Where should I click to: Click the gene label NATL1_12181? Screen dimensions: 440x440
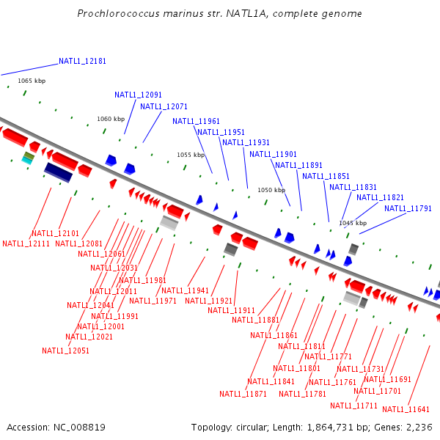[83, 62]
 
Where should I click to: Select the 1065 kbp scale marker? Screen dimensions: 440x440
[32, 81]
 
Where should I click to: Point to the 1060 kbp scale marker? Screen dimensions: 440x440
[111, 119]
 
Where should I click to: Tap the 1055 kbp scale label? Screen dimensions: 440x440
[191, 155]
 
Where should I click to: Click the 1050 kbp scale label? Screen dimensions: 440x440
[271, 190]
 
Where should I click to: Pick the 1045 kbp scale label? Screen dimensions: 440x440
[352, 223]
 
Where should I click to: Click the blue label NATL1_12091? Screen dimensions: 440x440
[138, 95]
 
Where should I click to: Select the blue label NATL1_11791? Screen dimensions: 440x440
[408, 208]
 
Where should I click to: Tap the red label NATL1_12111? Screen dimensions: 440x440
[26, 243]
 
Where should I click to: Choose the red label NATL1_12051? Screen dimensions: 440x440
[65, 351]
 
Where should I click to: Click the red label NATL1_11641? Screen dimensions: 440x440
[406, 409]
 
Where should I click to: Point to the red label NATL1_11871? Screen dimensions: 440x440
[243, 394]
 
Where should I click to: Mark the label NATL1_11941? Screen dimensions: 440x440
[185, 290]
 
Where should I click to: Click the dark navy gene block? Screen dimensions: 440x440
[58, 172]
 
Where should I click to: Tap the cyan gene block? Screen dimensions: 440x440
[28, 158]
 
